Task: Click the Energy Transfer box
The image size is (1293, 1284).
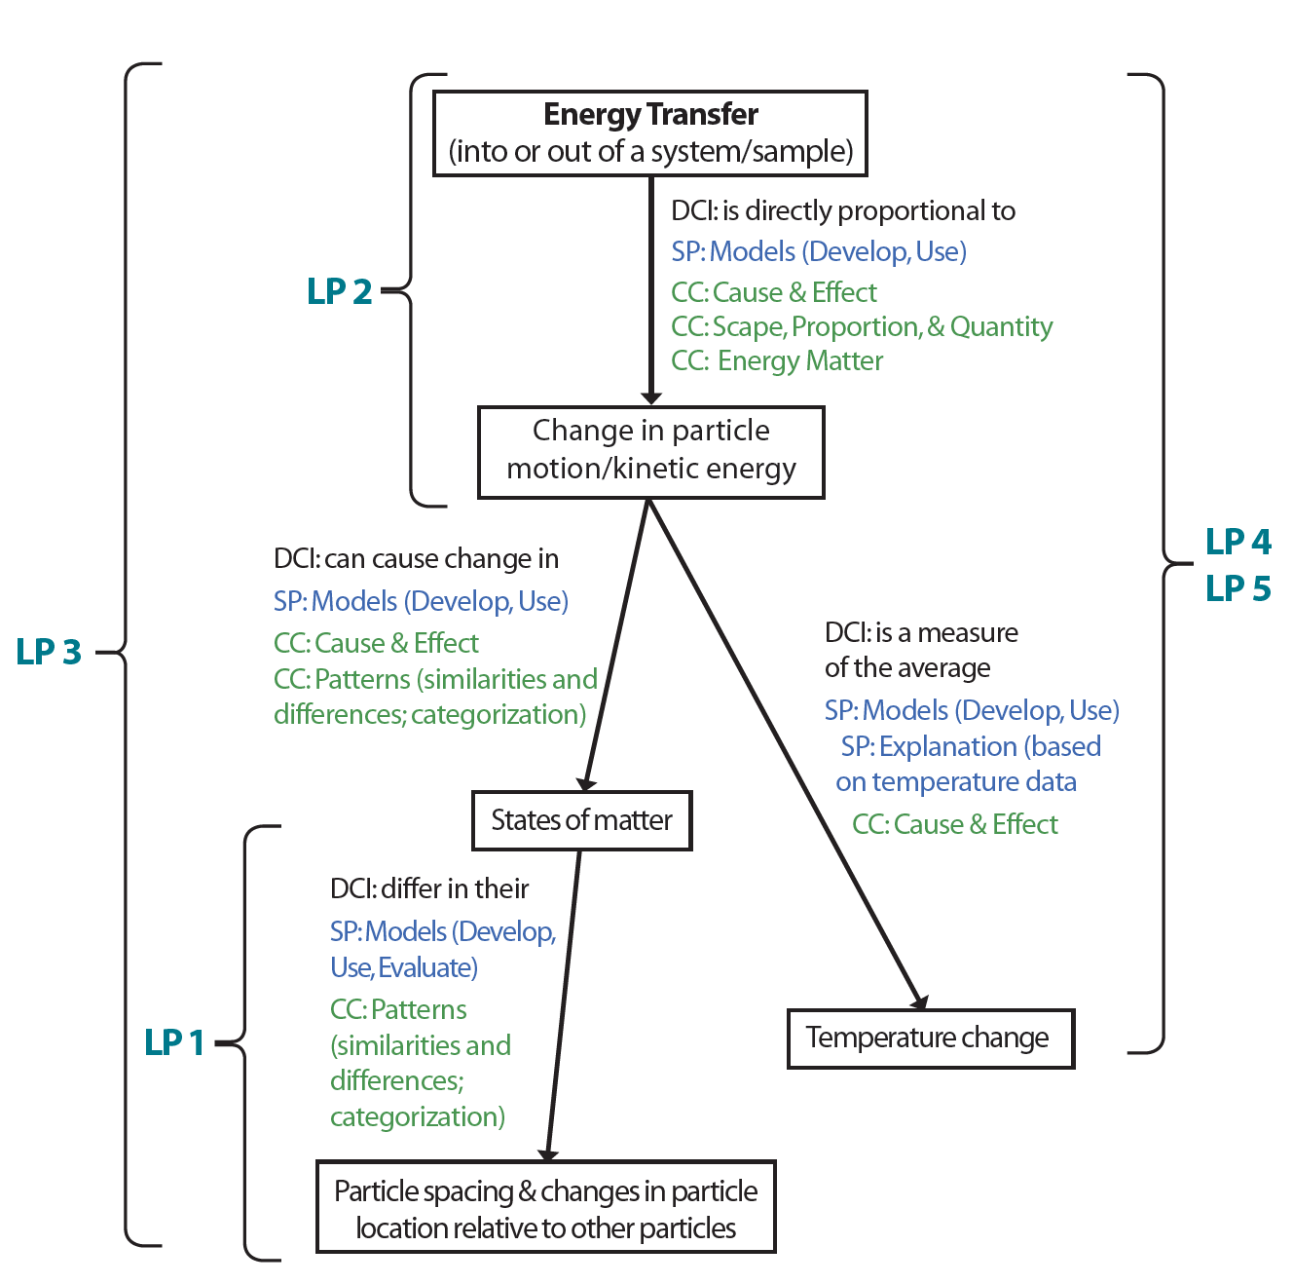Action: [649, 133]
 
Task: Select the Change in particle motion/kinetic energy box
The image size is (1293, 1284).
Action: [650, 452]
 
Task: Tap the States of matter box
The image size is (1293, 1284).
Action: [581, 820]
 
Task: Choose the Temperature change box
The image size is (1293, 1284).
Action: [930, 1039]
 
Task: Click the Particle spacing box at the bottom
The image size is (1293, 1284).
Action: [545, 1208]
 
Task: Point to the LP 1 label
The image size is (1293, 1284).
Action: [174, 1042]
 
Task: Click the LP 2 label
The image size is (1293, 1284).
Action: [339, 291]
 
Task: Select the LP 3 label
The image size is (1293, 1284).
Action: [49, 652]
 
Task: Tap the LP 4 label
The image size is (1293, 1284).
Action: [1238, 542]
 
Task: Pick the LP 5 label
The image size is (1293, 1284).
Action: [1238, 588]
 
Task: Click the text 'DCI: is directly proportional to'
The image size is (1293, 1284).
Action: [843, 211]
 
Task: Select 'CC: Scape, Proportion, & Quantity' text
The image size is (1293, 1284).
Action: [862, 326]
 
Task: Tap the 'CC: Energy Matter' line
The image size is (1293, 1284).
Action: [777, 361]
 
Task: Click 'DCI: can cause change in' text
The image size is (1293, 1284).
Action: [416, 559]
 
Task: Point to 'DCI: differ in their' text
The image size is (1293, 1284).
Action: [429, 888]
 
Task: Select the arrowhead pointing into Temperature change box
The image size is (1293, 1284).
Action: [919, 1001]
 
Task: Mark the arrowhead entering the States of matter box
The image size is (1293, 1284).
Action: [585, 783]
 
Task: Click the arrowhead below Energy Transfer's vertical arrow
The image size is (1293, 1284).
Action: [651, 397]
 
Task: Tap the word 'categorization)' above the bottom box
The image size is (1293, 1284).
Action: [418, 1116]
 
